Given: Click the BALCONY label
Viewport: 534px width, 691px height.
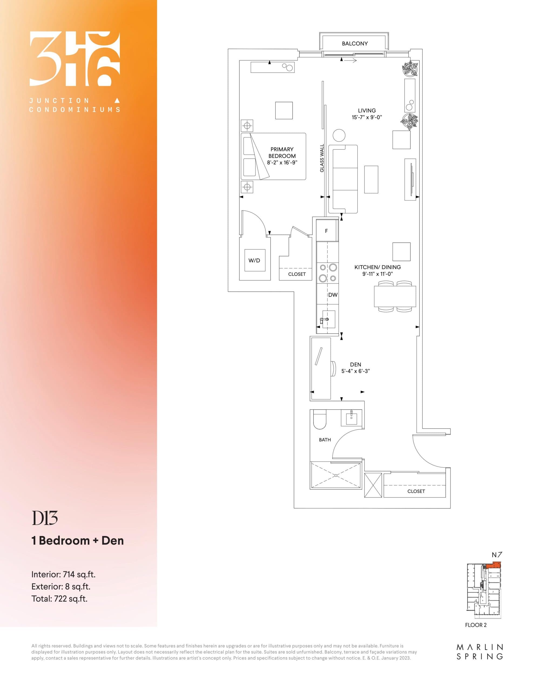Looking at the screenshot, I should tap(354, 44).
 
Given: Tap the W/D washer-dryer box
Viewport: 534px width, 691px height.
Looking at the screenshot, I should tap(254, 260).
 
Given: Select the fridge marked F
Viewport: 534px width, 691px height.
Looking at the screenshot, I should tap(326, 231).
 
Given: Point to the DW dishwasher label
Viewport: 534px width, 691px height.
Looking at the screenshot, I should tap(333, 295).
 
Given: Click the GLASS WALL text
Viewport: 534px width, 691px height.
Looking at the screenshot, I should tap(322, 158).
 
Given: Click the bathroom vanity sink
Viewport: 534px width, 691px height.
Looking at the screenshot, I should tap(351, 418).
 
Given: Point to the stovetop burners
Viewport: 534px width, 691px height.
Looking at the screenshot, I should tap(328, 273).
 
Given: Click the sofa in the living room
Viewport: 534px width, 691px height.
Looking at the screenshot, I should tap(343, 179).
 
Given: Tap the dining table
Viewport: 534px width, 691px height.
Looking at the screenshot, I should tap(395, 296).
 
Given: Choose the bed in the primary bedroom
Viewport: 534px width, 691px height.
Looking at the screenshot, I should tap(273, 156).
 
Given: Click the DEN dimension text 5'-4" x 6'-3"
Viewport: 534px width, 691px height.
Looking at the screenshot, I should tap(356, 371).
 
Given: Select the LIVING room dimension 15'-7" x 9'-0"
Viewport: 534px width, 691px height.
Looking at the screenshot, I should tap(367, 117).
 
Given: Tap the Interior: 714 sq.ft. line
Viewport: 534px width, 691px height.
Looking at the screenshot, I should tap(63, 574).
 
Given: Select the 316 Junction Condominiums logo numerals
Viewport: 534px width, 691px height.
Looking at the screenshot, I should tap(75, 59).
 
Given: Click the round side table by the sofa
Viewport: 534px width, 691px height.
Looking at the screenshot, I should tap(339, 136).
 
